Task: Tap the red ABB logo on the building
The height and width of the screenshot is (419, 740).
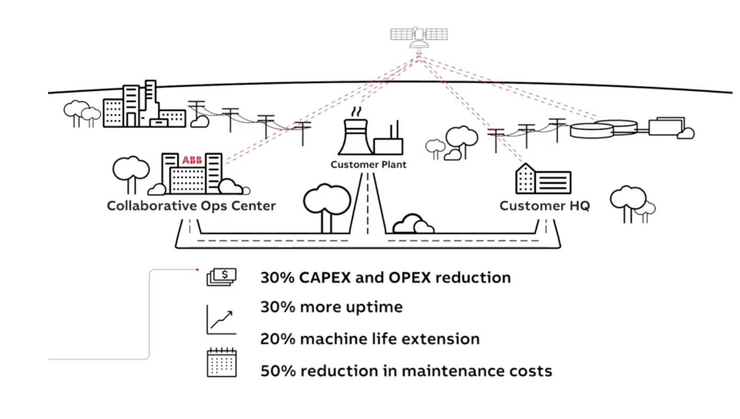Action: click(x=192, y=160)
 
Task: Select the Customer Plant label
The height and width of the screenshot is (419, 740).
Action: click(x=368, y=165)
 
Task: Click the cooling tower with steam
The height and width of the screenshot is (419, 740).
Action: click(x=354, y=136)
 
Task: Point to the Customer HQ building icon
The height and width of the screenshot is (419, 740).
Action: click(x=543, y=180)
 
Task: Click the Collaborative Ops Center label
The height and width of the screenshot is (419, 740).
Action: click(x=191, y=206)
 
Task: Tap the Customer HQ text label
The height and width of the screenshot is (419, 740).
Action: click(x=544, y=206)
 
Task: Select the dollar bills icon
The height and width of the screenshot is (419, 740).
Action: click(x=221, y=276)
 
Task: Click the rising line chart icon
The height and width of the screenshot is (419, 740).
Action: click(x=220, y=320)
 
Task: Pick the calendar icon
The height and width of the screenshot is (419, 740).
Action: click(x=221, y=362)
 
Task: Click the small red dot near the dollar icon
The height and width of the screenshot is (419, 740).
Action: click(x=198, y=270)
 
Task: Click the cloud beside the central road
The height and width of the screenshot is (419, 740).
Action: click(x=413, y=224)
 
